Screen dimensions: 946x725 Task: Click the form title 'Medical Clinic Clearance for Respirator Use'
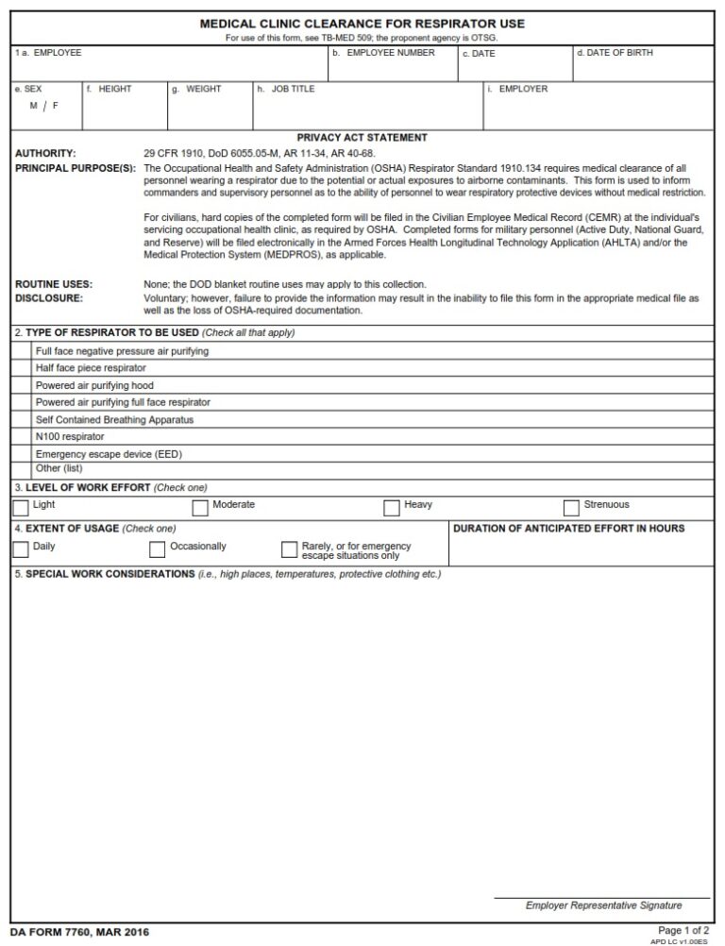362,24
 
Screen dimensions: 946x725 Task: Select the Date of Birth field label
614,53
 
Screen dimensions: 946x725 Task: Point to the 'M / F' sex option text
43,106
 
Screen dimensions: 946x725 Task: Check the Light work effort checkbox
21,508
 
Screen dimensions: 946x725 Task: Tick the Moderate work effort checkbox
200,508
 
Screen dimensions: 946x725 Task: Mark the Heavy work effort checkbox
392,508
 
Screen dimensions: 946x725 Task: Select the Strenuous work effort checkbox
571,508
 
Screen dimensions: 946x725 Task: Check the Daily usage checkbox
21,549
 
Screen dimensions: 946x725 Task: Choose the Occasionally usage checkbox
158,549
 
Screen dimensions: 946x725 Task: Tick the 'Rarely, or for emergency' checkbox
289,549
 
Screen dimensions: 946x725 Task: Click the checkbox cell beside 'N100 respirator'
21,437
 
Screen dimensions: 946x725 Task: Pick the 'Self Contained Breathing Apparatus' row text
114,419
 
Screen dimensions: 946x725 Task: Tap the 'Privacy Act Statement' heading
362,138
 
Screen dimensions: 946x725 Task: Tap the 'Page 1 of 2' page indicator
683,930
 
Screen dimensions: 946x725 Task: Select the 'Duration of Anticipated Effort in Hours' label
569,529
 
